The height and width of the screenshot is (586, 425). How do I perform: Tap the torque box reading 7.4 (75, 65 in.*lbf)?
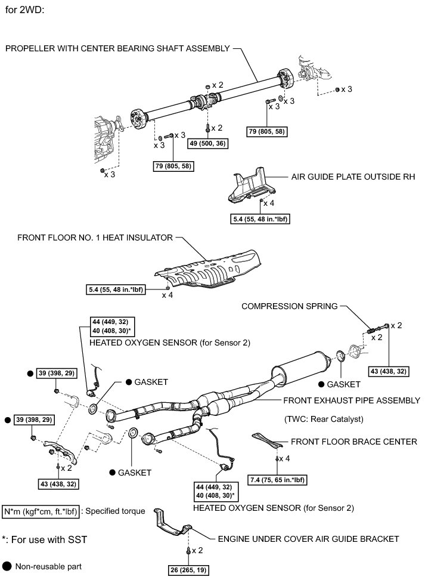coord(278,479)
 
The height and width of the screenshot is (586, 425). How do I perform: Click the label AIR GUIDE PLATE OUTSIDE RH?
coord(353,177)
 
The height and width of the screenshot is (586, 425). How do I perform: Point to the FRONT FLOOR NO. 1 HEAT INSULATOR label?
coord(95,238)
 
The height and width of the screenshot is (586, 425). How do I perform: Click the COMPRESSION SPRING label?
coord(289,306)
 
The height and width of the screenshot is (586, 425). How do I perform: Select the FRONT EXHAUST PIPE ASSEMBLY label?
coord(352,400)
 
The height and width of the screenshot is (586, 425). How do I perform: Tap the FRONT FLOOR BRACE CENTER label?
coord(353,442)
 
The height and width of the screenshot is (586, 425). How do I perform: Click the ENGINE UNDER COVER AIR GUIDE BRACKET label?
coord(308,539)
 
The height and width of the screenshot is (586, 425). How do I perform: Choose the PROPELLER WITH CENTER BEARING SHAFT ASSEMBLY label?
coord(117,48)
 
